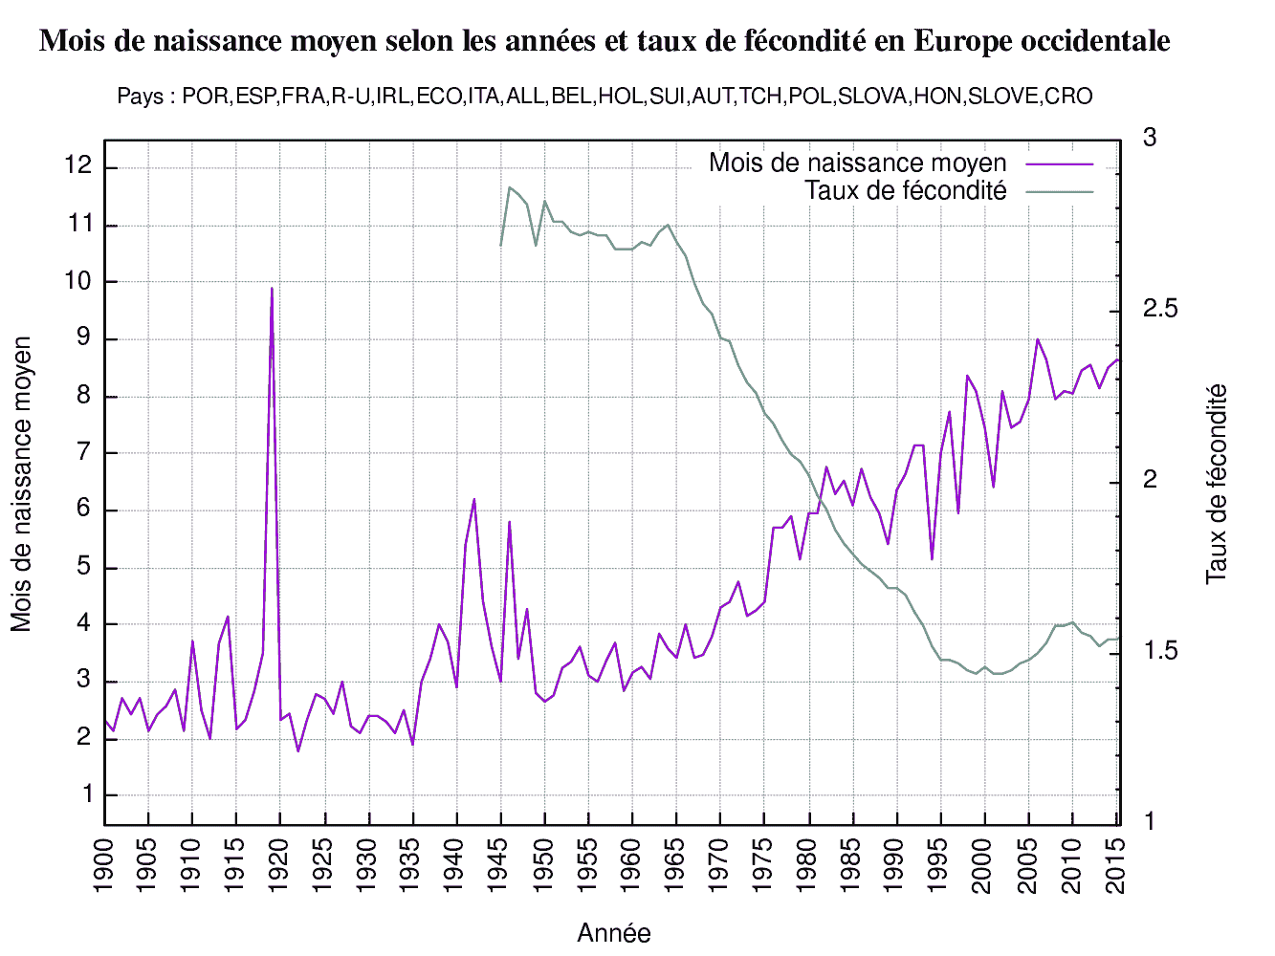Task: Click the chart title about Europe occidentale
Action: (x=605, y=41)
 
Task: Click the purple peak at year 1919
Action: (x=272, y=289)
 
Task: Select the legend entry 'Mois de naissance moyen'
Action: (x=857, y=163)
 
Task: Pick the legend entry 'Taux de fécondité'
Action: (x=905, y=191)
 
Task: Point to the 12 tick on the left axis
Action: (x=78, y=167)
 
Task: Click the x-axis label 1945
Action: (x=500, y=865)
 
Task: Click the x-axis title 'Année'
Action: (x=613, y=933)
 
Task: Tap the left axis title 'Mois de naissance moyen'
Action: (x=22, y=484)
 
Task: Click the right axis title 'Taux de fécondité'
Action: (x=1217, y=484)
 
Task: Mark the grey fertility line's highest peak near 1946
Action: (x=510, y=187)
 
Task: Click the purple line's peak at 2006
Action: (x=1038, y=339)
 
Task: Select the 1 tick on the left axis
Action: (x=87, y=795)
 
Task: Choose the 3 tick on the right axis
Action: (x=1150, y=139)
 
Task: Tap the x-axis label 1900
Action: (x=104, y=865)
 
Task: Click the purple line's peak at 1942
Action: (x=474, y=499)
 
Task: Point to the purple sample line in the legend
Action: (x=1059, y=164)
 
